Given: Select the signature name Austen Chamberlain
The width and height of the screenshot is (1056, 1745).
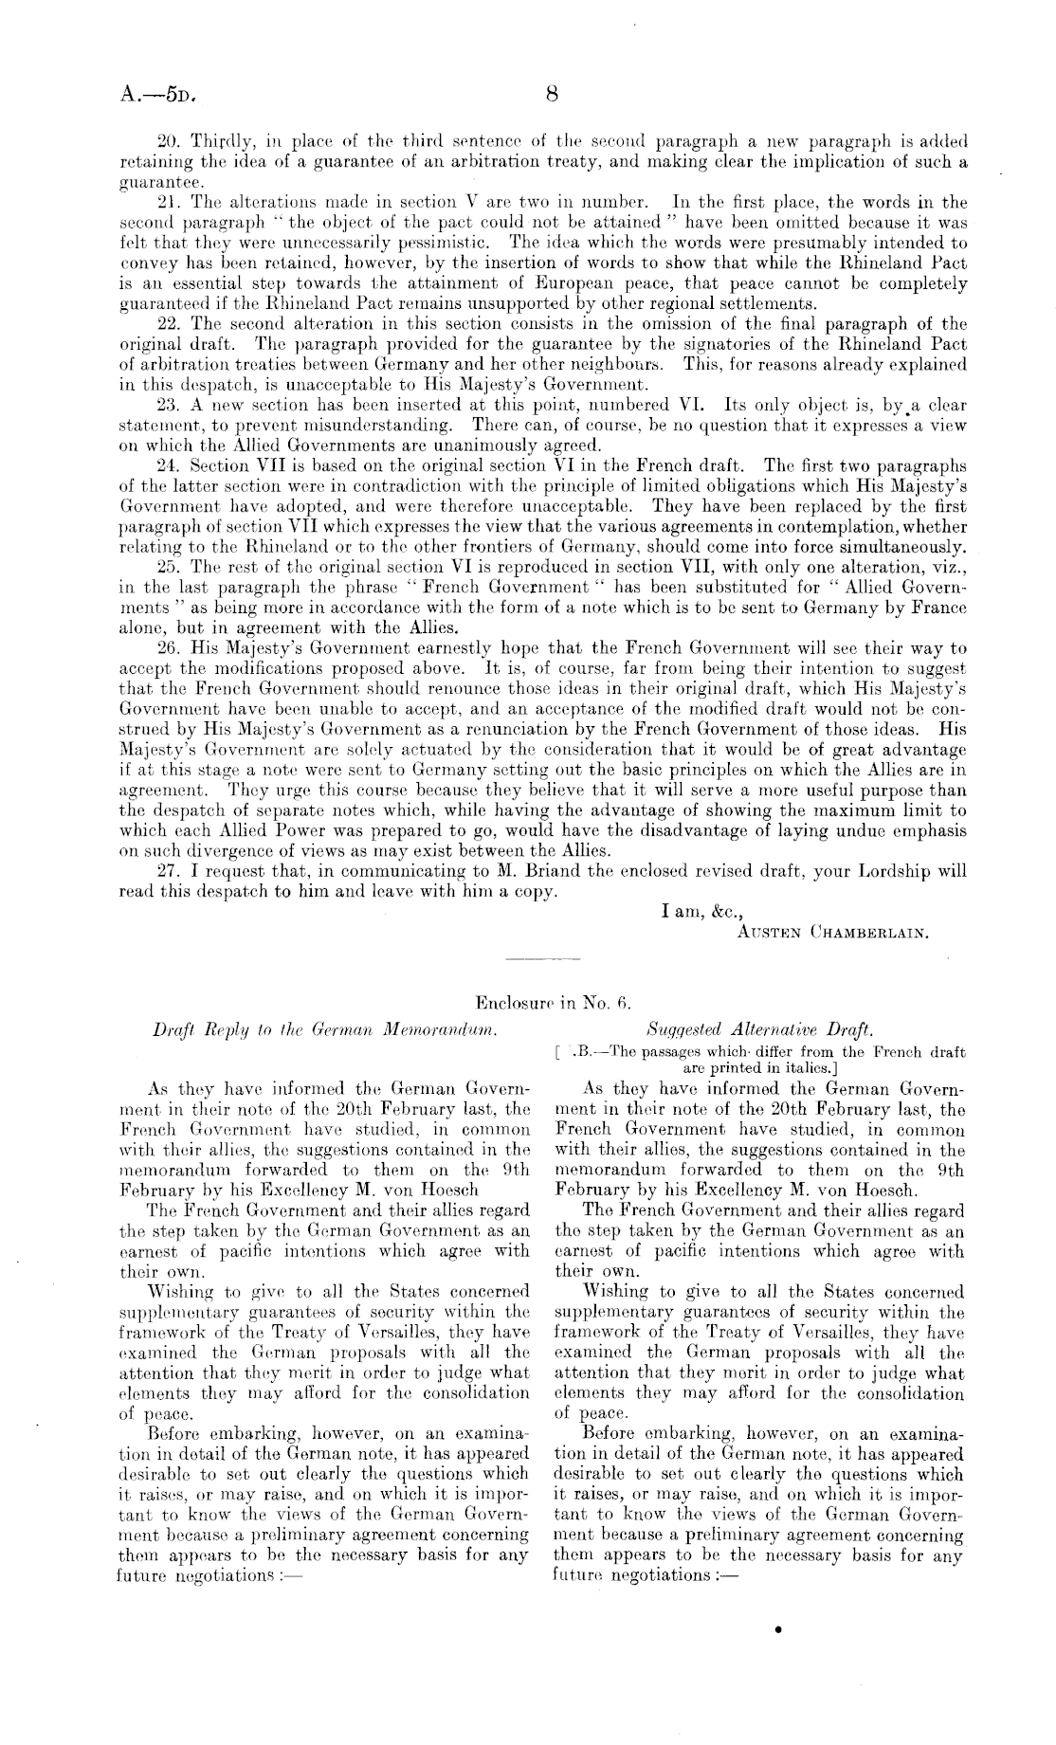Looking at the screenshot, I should tap(831, 931).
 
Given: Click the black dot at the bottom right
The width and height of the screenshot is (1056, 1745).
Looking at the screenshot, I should tap(778, 1630).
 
